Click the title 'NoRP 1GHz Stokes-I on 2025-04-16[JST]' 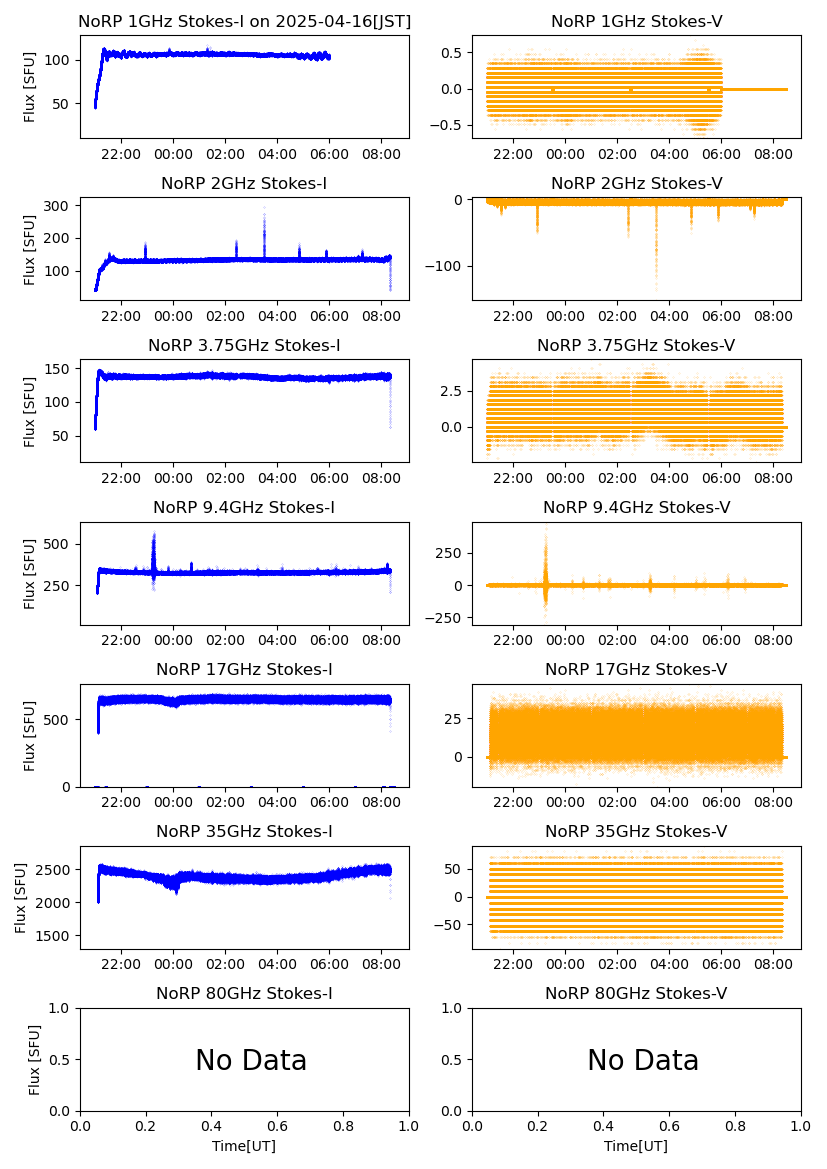(244, 21)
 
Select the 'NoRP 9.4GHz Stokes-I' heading (244, 507)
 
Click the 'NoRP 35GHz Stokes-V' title (636, 831)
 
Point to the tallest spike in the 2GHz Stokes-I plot (264, 210)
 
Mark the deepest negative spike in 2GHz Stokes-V (656, 286)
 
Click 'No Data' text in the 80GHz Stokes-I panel (251, 1060)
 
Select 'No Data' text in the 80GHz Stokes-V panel (643, 1060)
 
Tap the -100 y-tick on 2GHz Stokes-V (449, 266)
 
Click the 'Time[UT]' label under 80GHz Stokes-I (244, 1145)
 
